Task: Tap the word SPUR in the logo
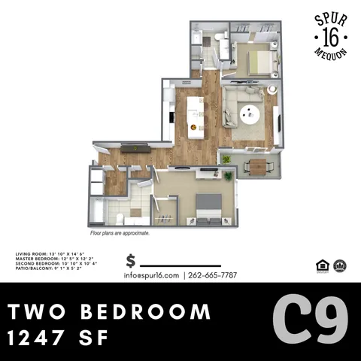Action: pos(330,18)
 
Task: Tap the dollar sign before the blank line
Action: pos(131,261)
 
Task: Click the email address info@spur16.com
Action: pos(153,275)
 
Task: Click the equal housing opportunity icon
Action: pos(321,265)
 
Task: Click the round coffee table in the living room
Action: pos(250,114)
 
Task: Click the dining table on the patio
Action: pos(257,167)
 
